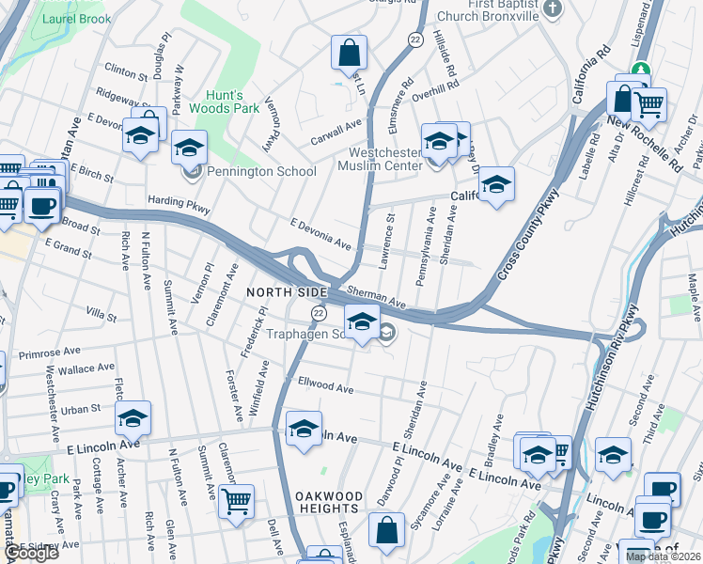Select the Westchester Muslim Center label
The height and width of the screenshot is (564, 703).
pos(385,160)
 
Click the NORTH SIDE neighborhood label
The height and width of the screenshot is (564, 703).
pos(278,292)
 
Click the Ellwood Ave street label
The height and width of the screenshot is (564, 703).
pos(325,387)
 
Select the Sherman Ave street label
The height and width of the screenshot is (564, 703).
pos(375,298)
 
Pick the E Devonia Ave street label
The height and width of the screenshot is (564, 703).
pos(320,234)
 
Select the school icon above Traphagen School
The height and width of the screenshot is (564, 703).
pos(362,321)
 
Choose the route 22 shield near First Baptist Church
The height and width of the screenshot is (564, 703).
pos(415,39)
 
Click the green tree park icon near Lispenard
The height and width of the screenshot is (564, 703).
pos(641,69)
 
